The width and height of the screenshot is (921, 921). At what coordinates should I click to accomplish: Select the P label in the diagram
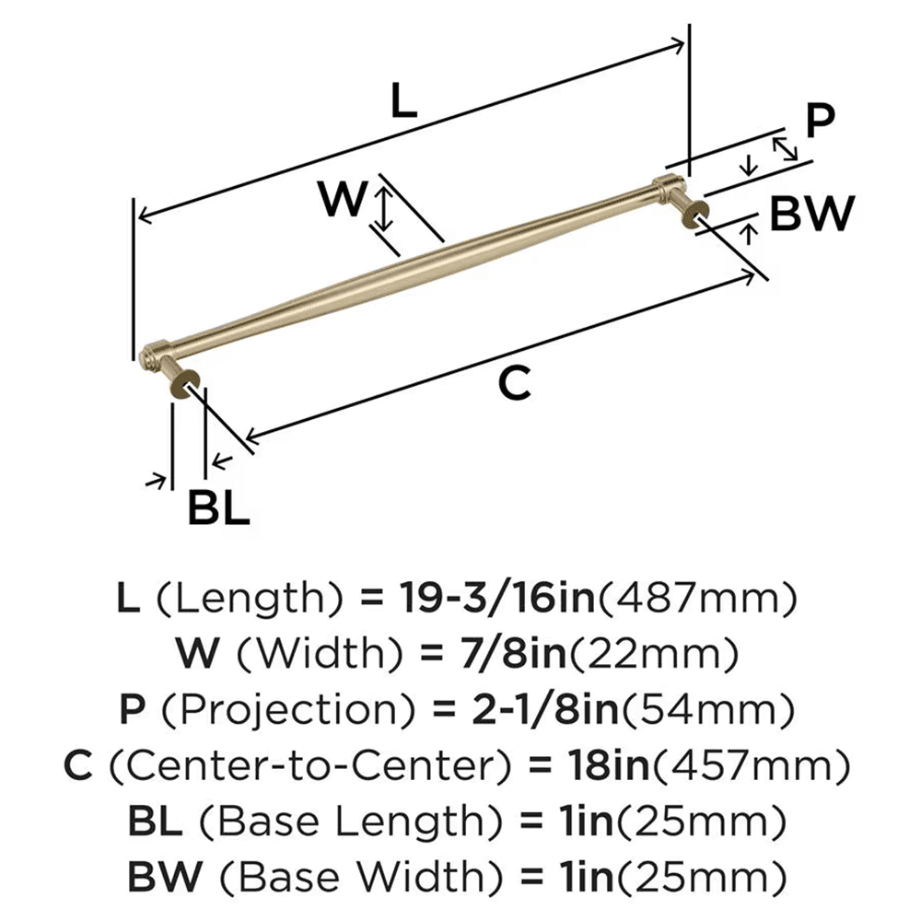(819, 120)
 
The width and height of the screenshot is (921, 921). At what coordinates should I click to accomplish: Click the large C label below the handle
(515, 383)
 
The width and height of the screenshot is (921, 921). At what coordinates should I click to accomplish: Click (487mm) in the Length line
(697, 600)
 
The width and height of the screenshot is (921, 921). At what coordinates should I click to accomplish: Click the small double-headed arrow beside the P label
(785, 147)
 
